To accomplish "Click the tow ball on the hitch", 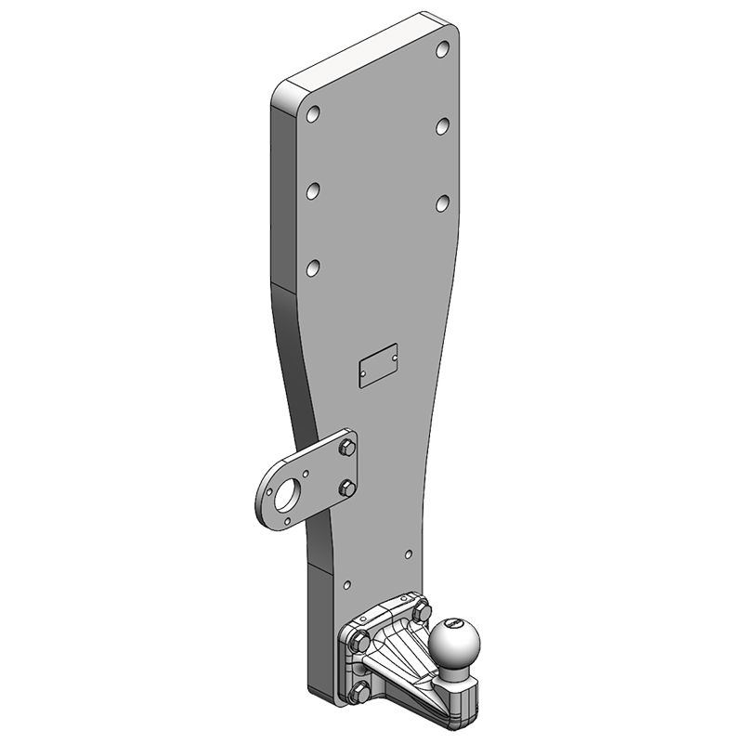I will coord(452,643).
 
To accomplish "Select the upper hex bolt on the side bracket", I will coord(346,450).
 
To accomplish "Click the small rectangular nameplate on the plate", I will coord(378,367).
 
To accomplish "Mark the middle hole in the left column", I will coord(315,191).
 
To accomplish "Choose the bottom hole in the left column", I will coord(315,267).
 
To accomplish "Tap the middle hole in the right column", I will coord(444,124).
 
